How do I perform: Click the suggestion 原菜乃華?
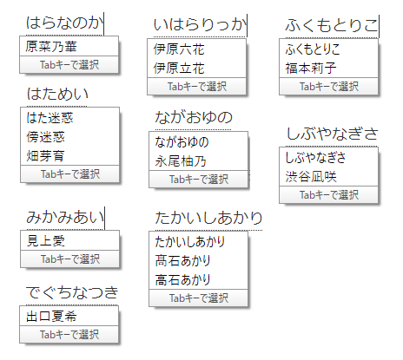(51, 46)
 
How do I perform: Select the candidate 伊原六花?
(179, 49)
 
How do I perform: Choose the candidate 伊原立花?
(179, 69)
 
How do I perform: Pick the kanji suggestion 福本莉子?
(311, 69)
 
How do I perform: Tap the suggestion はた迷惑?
(50, 118)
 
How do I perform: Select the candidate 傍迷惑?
(45, 137)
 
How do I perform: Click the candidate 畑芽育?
(45, 156)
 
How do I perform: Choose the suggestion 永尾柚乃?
(181, 161)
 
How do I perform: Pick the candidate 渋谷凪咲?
(311, 177)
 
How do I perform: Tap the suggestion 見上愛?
(45, 240)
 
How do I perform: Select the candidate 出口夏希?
(51, 316)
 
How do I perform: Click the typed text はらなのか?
(64, 23)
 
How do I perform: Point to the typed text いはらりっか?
(200, 24)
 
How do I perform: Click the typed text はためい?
(57, 94)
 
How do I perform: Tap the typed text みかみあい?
(65, 217)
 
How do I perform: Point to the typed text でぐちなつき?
(72, 292)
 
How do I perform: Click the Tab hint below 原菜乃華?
(69, 65)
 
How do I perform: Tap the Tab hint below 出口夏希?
(69, 335)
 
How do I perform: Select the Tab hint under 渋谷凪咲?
(329, 195)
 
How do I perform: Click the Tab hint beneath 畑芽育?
(70, 174)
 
